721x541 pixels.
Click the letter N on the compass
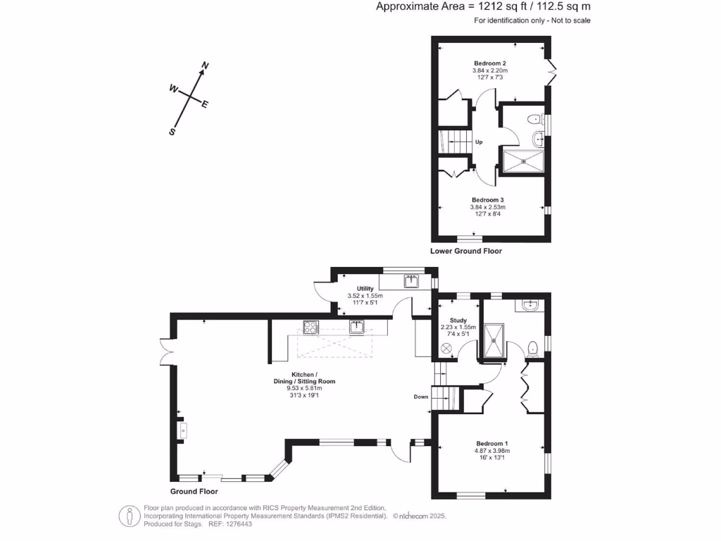205,66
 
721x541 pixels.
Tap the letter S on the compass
171,131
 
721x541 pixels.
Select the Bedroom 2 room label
489,64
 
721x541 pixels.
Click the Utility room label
365,289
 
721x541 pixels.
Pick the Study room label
458,320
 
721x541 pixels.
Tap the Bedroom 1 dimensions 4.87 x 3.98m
492,451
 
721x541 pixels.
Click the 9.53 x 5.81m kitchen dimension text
305,388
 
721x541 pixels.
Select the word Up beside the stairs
479,142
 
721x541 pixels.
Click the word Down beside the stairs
421,397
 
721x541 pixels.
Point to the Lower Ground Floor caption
466,251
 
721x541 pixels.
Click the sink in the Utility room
413,282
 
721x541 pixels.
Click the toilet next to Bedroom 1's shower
533,347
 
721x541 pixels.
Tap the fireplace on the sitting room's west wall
182,428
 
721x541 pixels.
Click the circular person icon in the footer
128,516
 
